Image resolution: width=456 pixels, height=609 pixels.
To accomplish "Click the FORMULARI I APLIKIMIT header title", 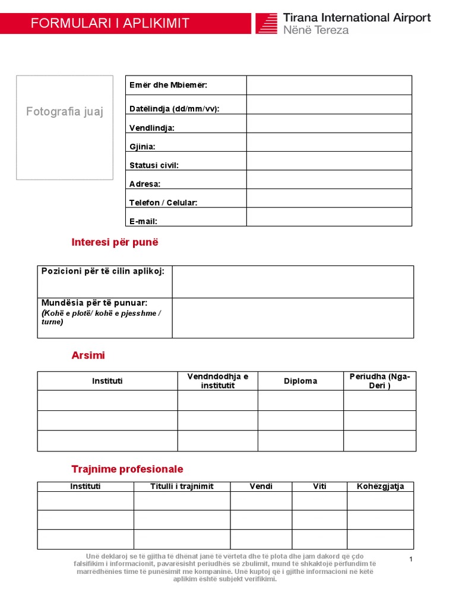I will pos(110,24).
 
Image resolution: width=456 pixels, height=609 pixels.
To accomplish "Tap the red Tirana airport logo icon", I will pos(267,23).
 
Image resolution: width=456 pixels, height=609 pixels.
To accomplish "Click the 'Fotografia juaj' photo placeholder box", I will pos(65,127).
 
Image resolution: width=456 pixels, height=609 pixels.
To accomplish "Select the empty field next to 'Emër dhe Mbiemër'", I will pos(329,85).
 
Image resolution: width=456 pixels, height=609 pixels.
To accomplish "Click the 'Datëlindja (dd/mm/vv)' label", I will pos(170,109).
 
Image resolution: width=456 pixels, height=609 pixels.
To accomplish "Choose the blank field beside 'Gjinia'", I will pos(329,142).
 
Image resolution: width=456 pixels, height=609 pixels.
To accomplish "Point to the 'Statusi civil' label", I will pos(154,165).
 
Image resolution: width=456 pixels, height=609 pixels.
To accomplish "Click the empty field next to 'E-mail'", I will pos(329,217).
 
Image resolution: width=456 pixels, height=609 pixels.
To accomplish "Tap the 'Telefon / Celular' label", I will pos(163,203).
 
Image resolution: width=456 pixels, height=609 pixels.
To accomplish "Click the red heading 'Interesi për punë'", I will pos(115,243).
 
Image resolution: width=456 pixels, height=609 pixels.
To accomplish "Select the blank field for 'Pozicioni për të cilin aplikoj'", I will pos(293,282).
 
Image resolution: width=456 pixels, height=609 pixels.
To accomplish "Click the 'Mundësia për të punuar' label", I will pos(94,303).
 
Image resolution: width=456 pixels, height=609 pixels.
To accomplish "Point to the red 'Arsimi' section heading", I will pos(88,356).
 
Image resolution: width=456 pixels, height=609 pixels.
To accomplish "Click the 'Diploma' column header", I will pos(300,381).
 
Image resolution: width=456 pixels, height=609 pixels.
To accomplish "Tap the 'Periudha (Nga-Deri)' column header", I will pos(379,381).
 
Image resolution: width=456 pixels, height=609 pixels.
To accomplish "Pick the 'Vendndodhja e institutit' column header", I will pos(218,381).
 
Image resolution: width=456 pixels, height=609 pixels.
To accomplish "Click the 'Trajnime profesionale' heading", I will pos(127,469).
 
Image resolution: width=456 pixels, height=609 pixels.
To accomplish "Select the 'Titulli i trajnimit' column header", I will pos(182,486).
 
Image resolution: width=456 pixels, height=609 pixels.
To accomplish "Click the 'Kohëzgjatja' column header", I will pos(381,486).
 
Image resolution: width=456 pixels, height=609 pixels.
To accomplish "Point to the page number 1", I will pos(410,560).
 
